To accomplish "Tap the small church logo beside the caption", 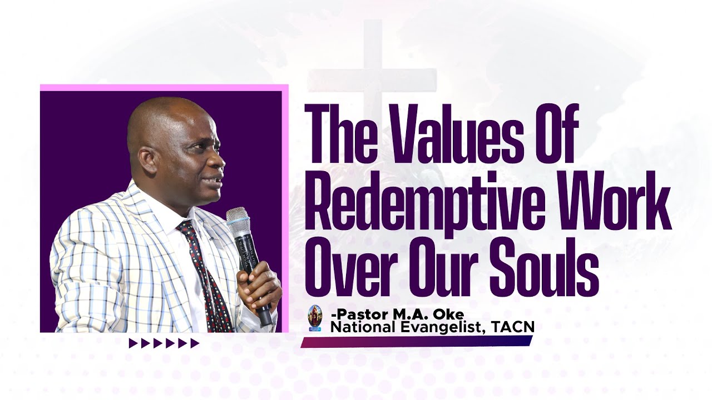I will tap(315, 319).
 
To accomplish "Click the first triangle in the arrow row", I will tap(133, 343).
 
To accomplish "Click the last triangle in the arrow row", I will tap(195, 343).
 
